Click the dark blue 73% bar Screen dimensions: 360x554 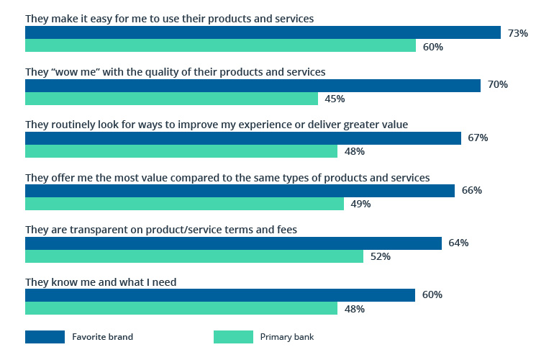263,32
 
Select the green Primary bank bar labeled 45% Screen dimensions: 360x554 171,99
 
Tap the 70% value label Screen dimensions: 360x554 498,85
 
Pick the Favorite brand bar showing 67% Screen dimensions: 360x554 242,138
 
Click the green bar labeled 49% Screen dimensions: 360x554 184,204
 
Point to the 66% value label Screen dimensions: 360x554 471,191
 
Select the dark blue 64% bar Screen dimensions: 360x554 233,243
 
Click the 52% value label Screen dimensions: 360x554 381,257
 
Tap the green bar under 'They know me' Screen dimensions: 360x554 181,309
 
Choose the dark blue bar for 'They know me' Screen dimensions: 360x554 220,295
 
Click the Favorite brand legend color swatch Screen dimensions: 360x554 45,337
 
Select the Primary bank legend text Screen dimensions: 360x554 287,337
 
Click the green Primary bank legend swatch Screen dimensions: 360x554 233,337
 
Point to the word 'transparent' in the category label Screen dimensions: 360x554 91,230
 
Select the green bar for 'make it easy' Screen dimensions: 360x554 220,46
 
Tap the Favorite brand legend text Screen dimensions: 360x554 102,337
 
